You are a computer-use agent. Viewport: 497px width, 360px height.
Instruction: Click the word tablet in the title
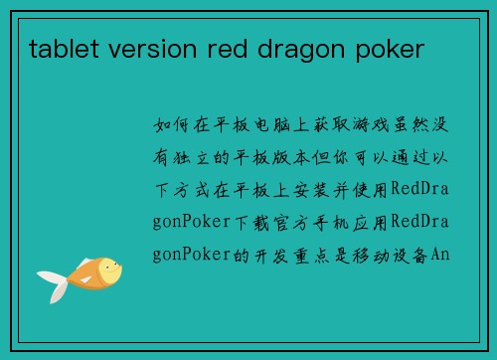tap(60, 47)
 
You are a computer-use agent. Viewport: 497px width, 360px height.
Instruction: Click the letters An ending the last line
tap(440, 254)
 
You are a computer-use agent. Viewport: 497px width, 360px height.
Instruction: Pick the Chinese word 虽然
tap(417, 125)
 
